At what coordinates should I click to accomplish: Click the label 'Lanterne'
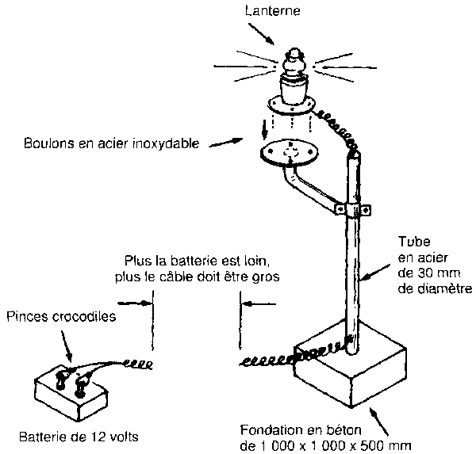[x=273, y=11]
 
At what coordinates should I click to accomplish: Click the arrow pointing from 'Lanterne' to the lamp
[x=261, y=33]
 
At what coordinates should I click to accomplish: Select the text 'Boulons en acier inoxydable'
[x=111, y=143]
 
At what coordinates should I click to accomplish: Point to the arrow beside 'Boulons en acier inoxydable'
[x=225, y=143]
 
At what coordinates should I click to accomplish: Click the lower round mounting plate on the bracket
[x=290, y=153]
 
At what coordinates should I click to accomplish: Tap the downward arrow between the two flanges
[x=265, y=129]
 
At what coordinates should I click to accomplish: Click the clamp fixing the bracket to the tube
[x=353, y=209]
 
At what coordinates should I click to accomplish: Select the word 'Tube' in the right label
[x=414, y=242]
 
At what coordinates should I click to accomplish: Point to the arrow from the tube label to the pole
[x=376, y=272]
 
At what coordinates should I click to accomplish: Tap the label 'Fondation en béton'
[x=301, y=430]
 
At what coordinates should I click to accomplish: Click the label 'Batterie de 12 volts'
[x=79, y=437]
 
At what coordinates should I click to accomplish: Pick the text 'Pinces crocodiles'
[x=61, y=317]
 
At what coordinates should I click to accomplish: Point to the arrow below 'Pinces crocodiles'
[x=67, y=345]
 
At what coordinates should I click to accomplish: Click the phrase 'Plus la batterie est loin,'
[x=197, y=261]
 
